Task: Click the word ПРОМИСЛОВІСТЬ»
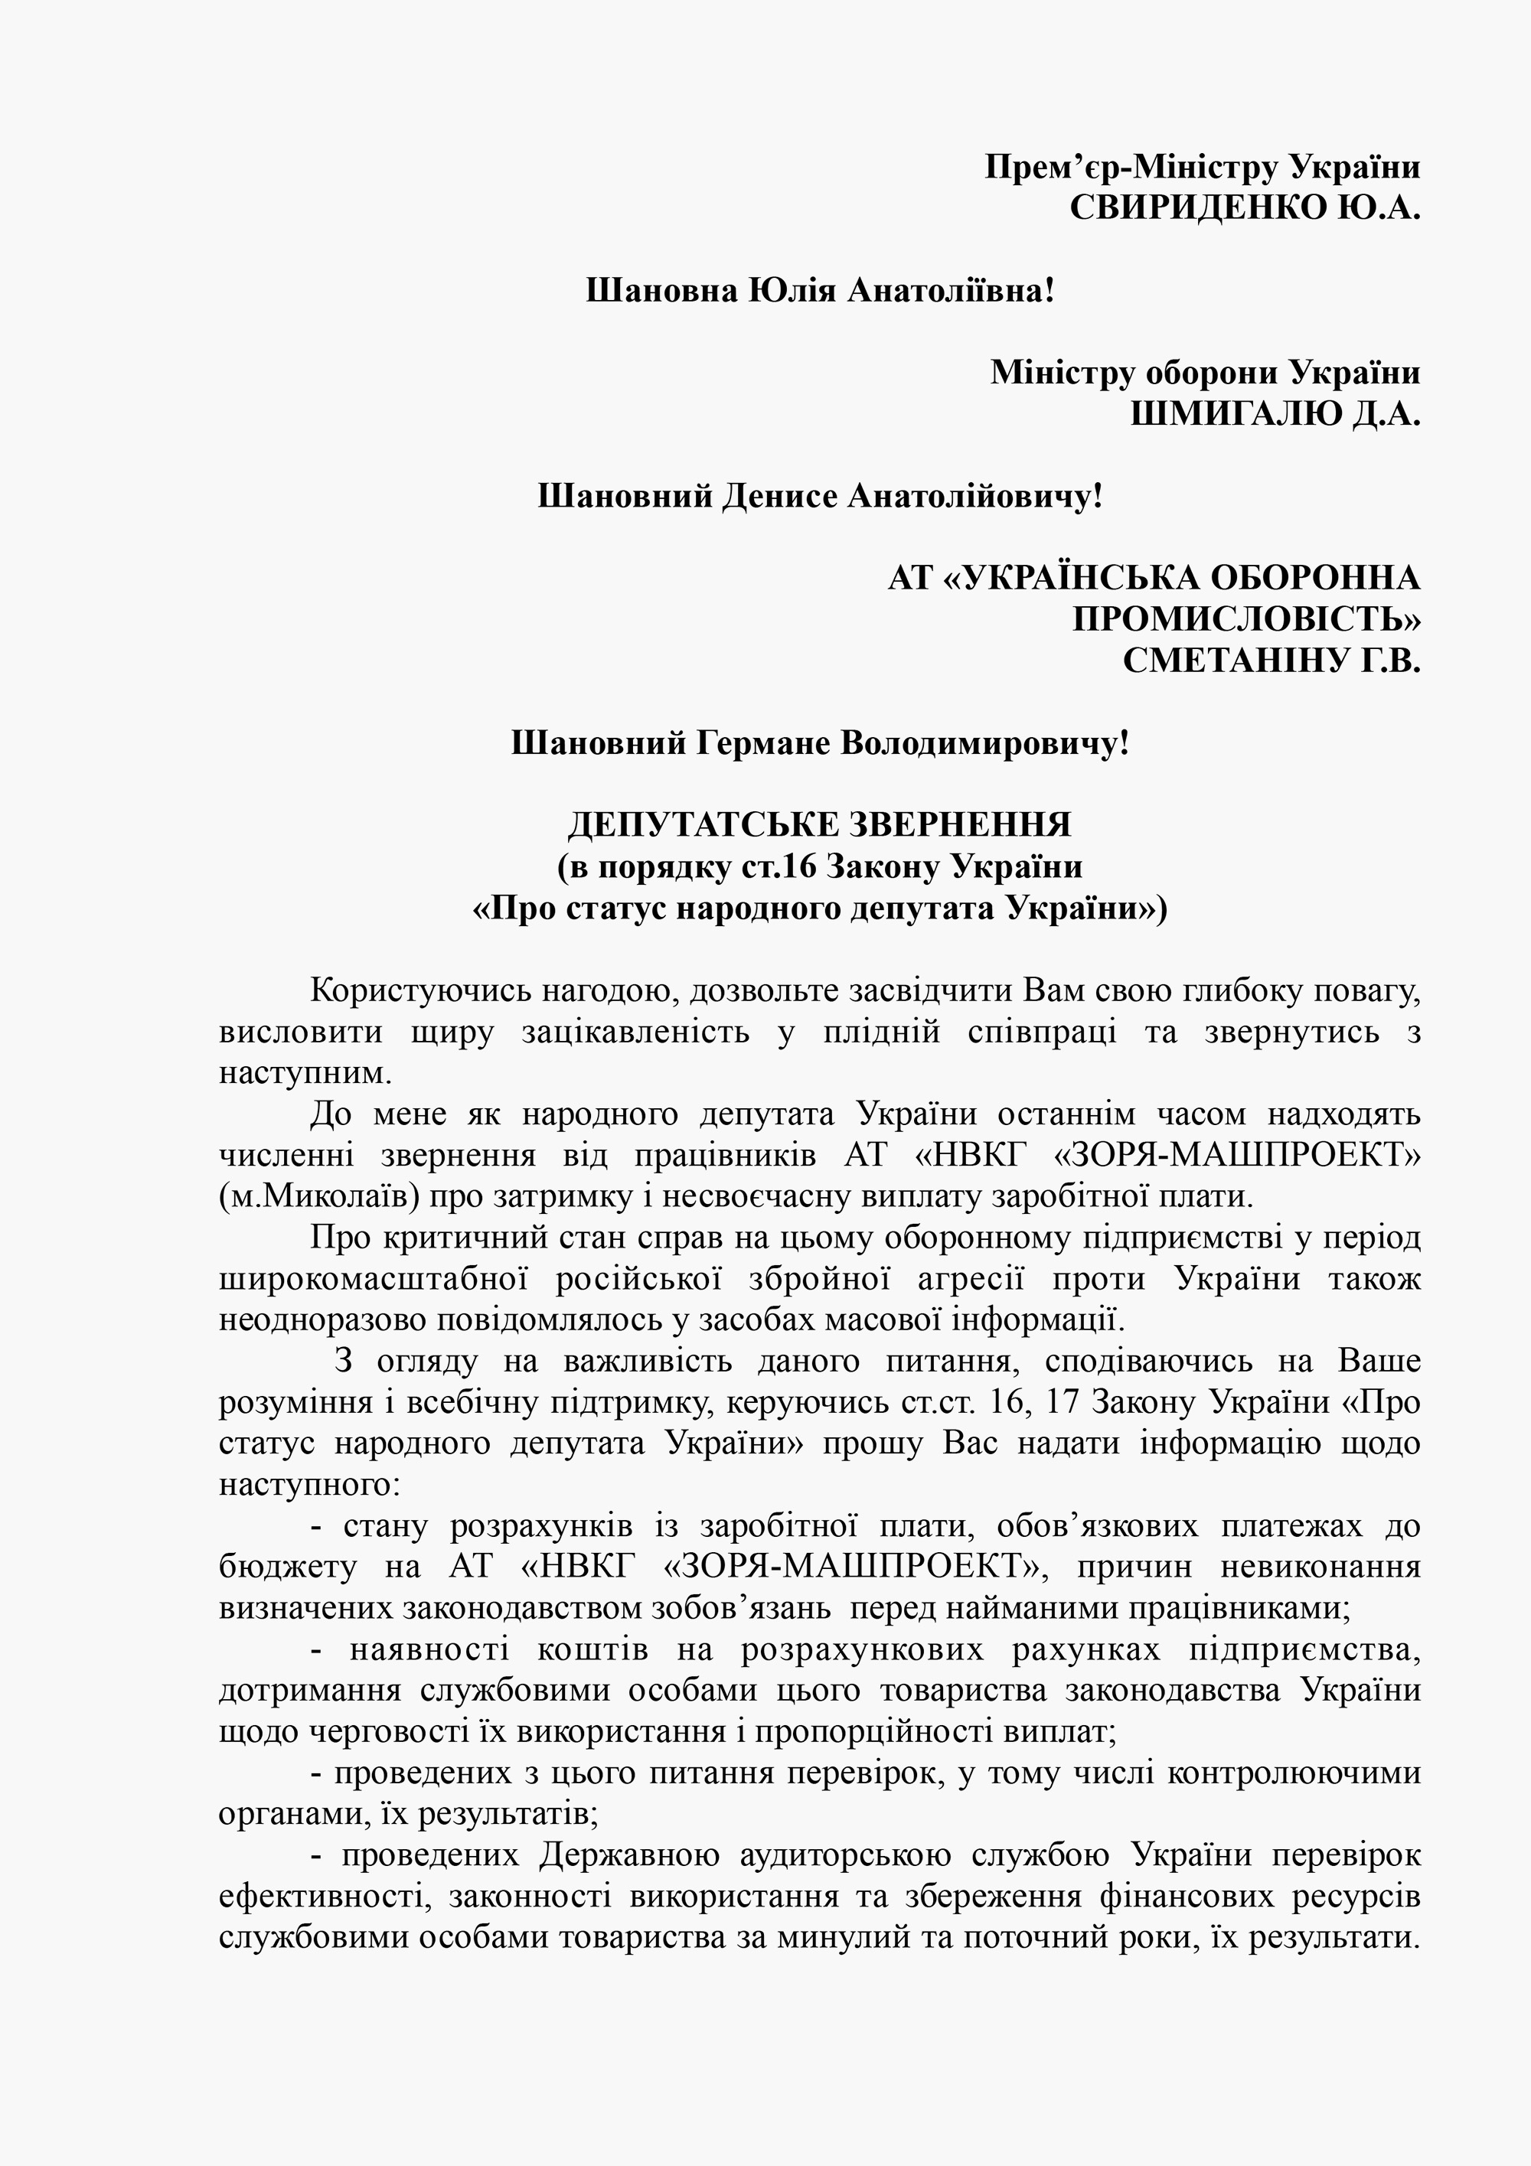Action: pos(1246,620)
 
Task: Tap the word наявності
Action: pos(428,1651)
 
